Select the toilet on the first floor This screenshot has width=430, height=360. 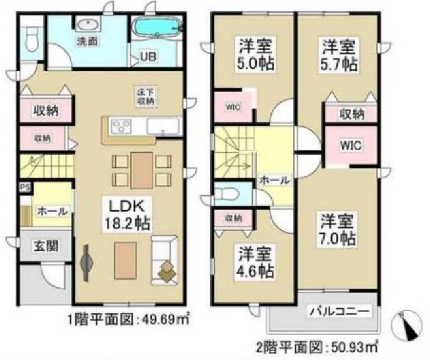point(32,38)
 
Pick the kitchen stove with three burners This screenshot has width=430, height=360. point(121,126)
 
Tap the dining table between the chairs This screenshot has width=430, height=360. point(141,170)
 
